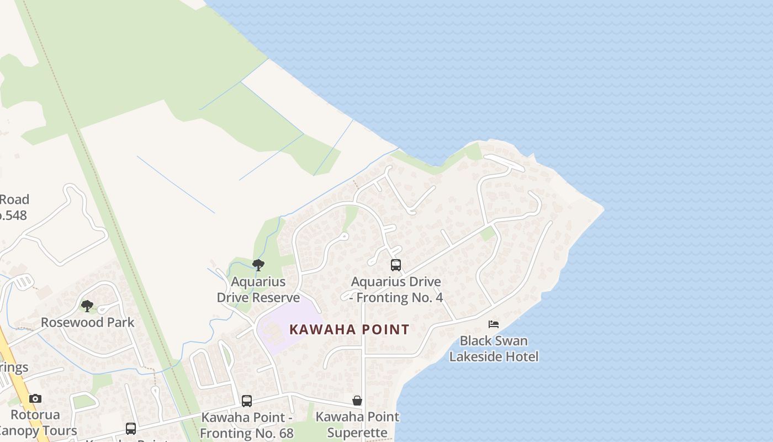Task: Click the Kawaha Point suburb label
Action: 349,330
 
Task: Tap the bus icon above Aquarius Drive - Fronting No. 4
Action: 395,265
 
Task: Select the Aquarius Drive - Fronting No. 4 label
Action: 396,290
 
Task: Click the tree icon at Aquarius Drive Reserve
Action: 258,265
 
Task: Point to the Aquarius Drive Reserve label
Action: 258,290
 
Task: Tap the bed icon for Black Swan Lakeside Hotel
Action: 494,324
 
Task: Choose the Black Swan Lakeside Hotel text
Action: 494,349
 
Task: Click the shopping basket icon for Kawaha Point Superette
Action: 357,401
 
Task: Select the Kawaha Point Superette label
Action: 357,424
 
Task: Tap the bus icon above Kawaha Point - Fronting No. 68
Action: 247,401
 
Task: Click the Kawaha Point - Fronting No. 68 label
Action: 247,425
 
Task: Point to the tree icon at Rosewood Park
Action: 87,306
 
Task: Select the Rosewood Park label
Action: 88,322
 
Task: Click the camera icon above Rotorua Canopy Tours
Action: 35,398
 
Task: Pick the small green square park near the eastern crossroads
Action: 488,234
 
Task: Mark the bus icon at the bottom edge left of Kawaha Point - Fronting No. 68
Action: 131,429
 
